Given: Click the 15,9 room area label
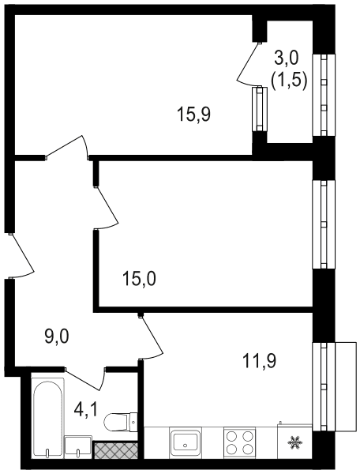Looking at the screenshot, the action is [x=193, y=115].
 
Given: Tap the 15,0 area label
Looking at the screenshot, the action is [x=139, y=279].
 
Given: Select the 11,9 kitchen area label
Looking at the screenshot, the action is [x=260, y=361].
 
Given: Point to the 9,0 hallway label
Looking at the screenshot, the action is [x=57, y=337].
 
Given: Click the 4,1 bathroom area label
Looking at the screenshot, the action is [x=86, y=409].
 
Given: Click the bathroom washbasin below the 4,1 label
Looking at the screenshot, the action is [x=78, y=447].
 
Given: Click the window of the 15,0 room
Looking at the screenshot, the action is [x=324, y=224].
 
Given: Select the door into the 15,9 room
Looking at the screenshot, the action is [x=67, y=148].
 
